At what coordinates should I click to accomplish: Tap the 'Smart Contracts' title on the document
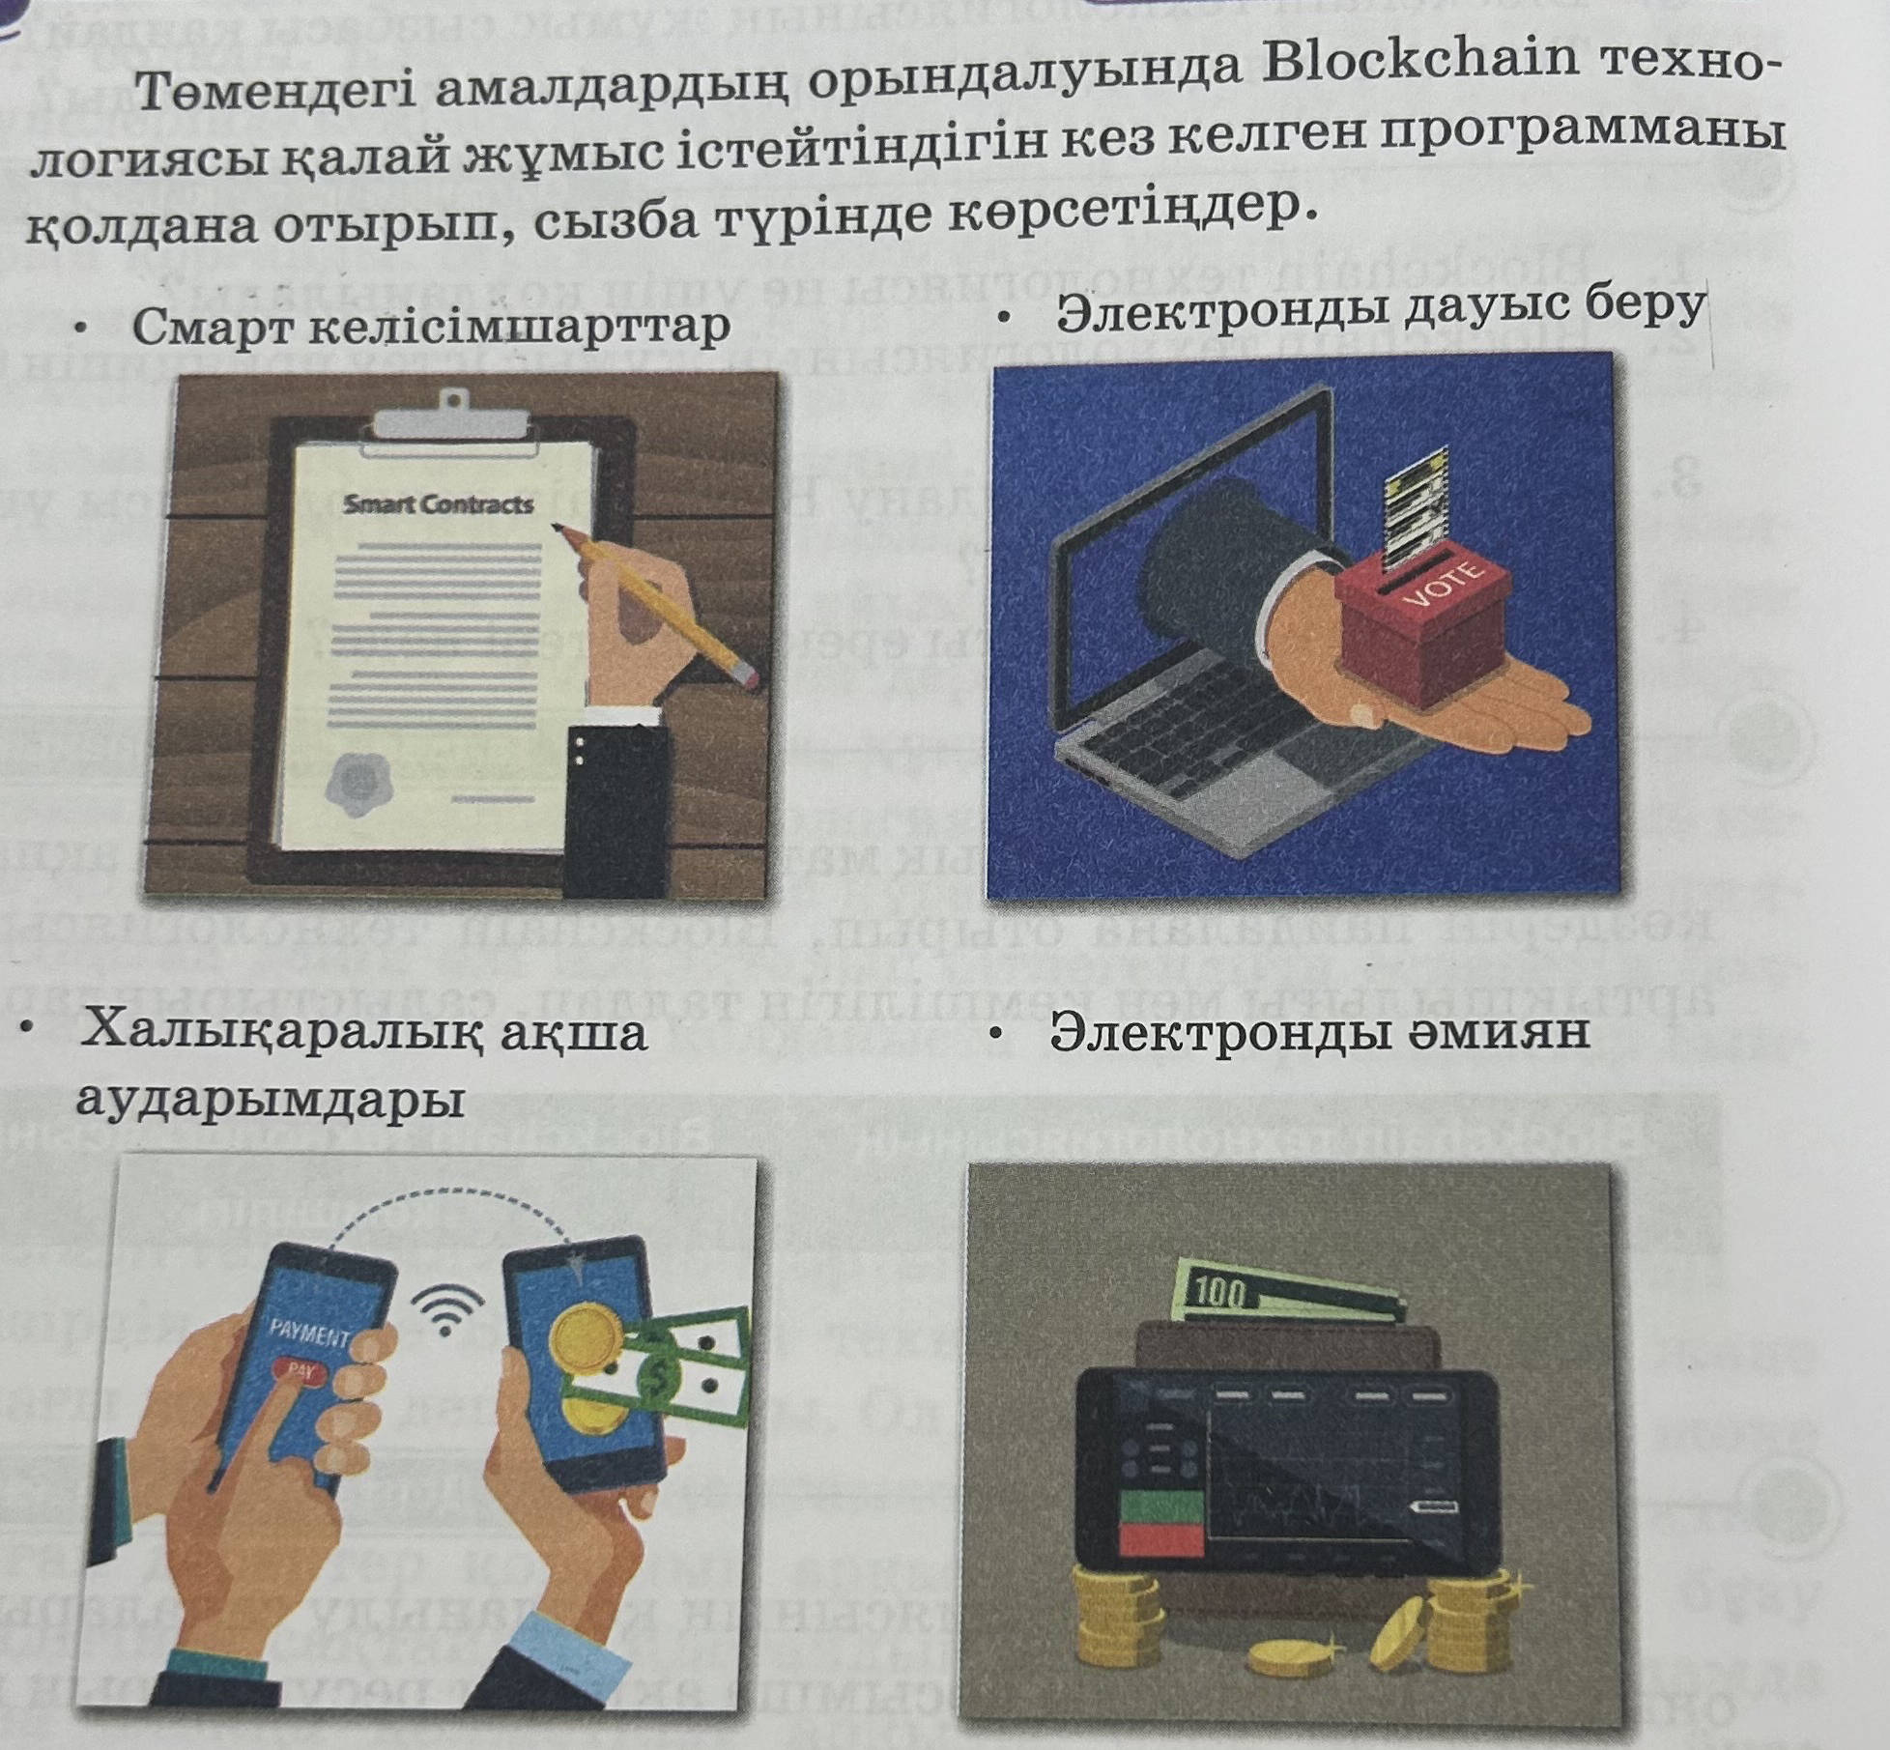(x=439, y=503)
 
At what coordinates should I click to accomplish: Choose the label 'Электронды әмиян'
(x=1320, y=1032)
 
